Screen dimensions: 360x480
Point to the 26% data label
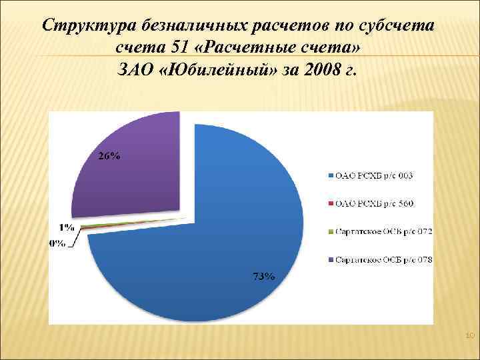coord(111,157)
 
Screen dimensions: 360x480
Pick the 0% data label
coord(57,243)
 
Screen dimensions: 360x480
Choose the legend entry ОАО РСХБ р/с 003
coord(374,175)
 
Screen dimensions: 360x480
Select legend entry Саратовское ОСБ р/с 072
coord(384,231)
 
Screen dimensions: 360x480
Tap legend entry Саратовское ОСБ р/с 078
coord(384,259)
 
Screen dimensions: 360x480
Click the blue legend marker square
coord(331,175)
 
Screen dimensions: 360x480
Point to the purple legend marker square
coord(331,259)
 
